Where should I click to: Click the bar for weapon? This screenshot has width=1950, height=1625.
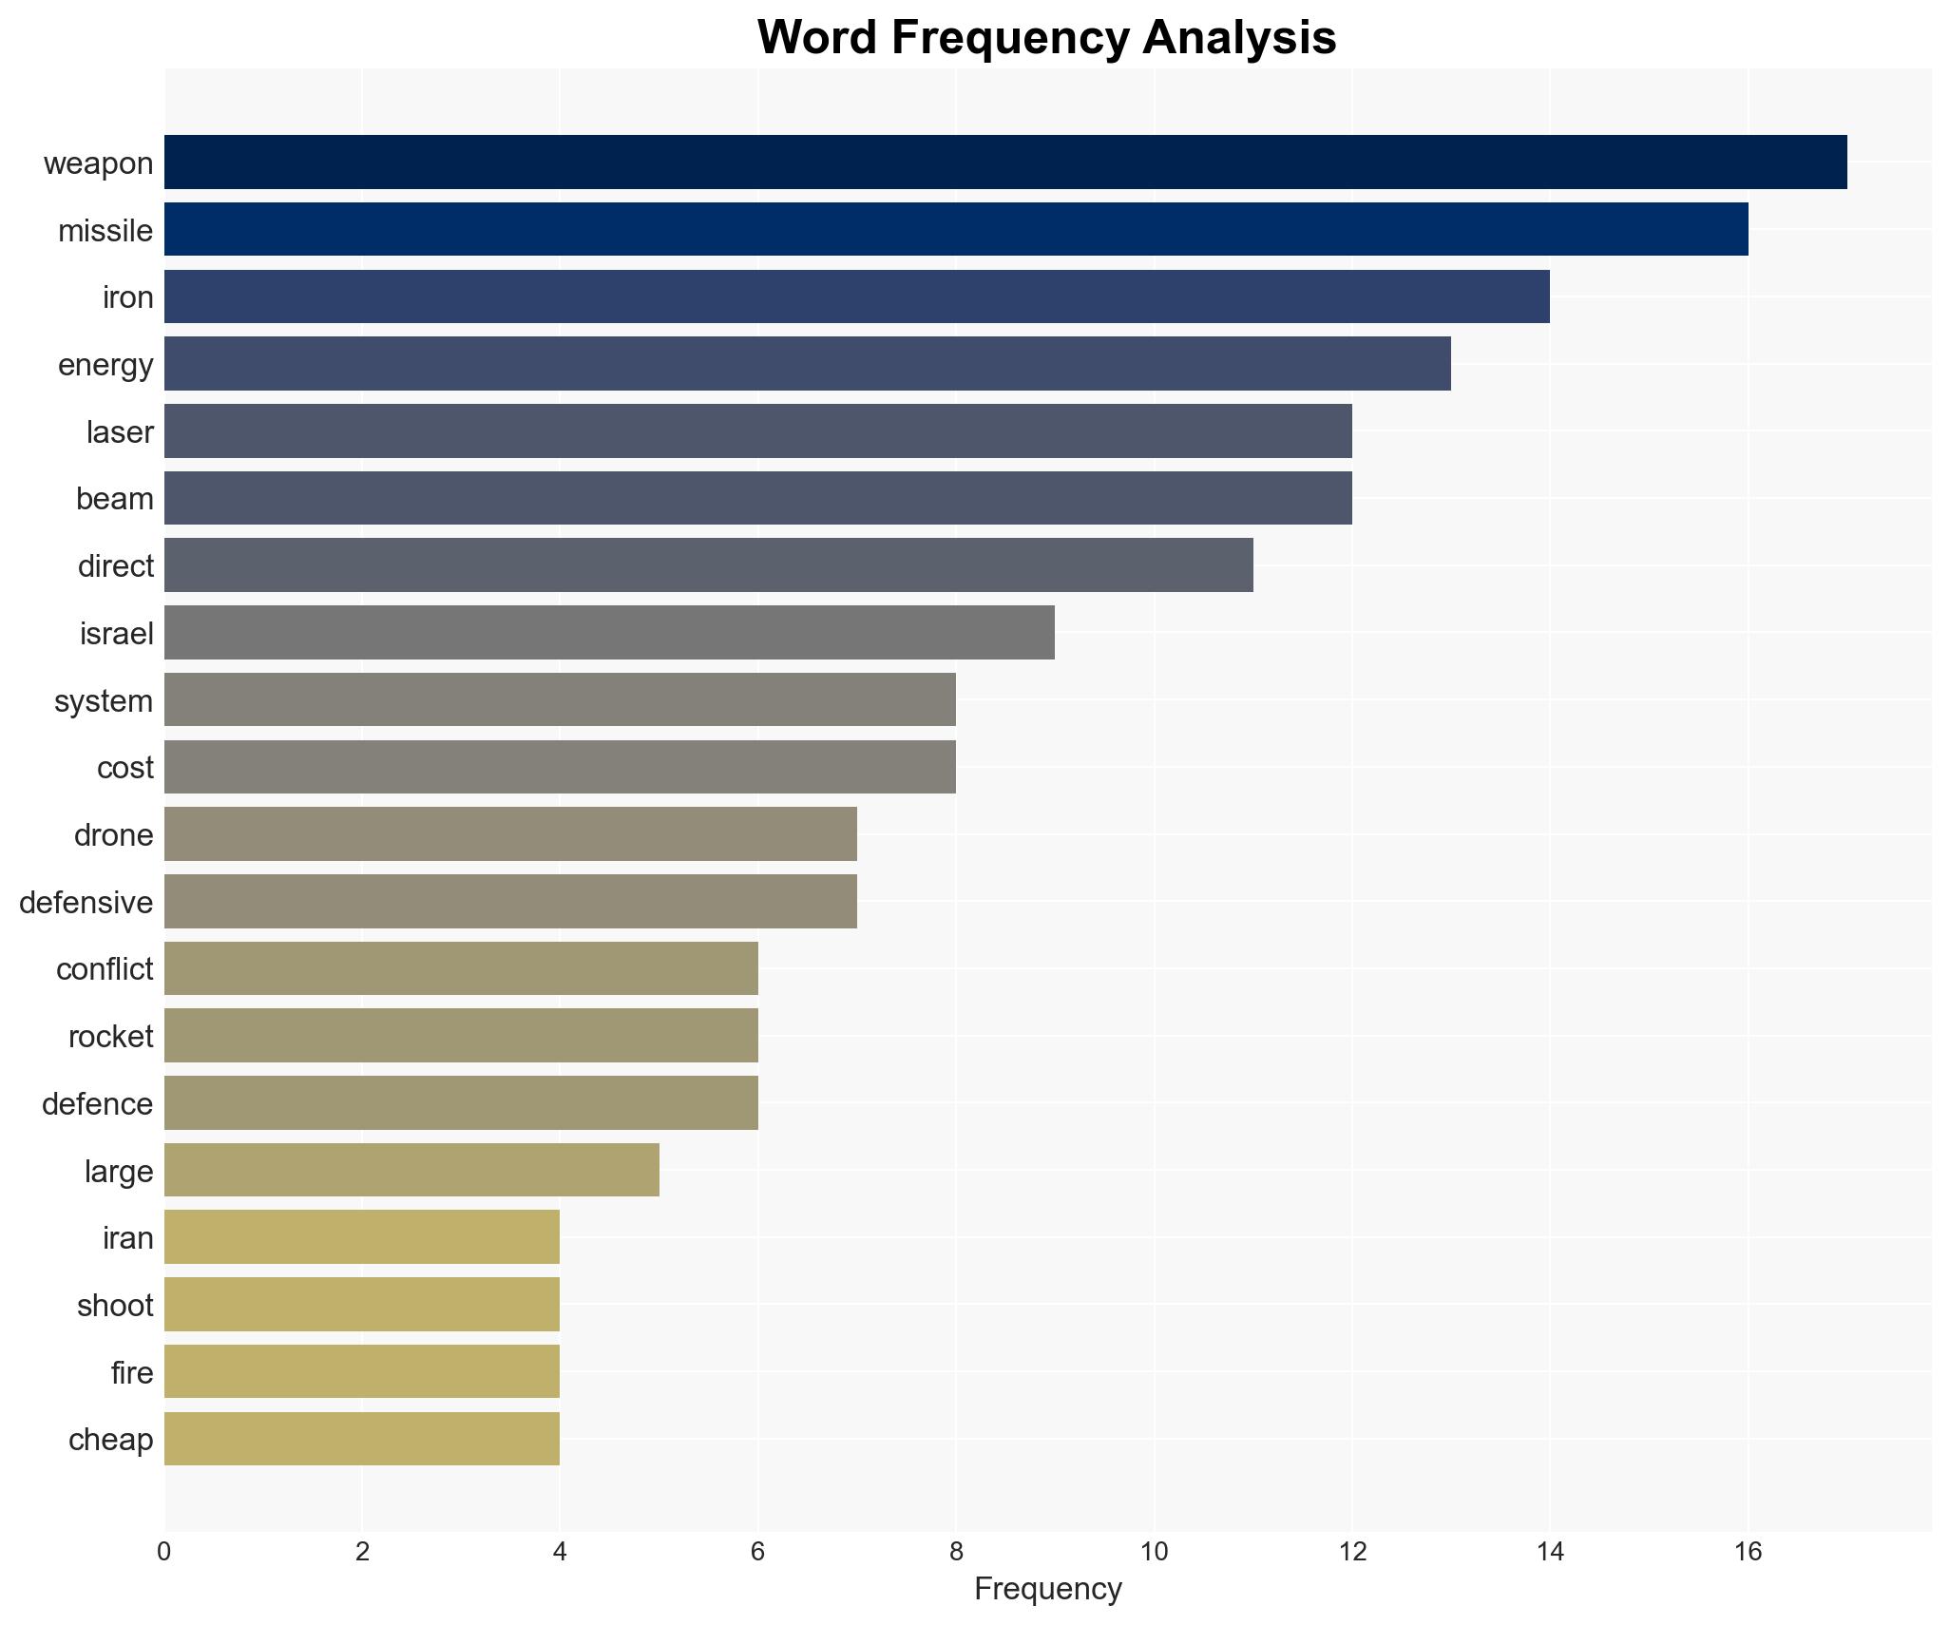click(x=1005, y=162)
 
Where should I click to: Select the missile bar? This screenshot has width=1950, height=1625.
click(x=956, y=229)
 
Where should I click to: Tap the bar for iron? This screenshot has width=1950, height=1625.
click(x=857, y=296)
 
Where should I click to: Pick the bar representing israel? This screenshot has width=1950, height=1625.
click(x=609, y=633)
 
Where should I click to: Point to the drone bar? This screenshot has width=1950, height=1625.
click(x=510, y=834)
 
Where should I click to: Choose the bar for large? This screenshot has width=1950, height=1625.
click(x=411, y=1170)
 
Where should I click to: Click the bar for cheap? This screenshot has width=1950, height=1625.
click(x=362, y=1439)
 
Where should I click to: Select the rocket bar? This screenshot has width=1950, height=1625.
click(x=461, y=1036)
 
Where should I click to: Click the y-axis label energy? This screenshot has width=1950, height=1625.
click(x=105, y=365)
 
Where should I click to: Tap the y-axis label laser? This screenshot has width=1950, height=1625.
click(x=120, y=432)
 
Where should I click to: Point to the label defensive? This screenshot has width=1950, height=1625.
click(x=86, y=902)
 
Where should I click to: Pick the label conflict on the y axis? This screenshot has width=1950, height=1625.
click(x=105, y=969)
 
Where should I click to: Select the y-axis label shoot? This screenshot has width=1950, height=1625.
click(x=115, y=1306)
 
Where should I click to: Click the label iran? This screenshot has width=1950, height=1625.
click(x=128, y=1238)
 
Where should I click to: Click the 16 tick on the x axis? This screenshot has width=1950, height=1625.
click(x=1748, y=1552)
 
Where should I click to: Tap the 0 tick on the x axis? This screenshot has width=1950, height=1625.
click(x=164, y=1552)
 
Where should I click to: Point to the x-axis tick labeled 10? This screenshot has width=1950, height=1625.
click(x=1154, y=1552)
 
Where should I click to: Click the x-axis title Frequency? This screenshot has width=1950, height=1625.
click(x=1047, y=1589)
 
